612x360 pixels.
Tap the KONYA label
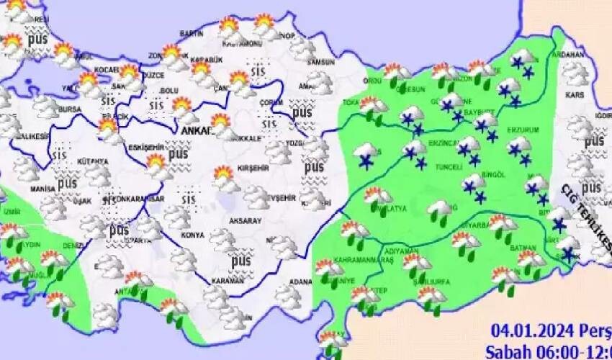tap(193, 235)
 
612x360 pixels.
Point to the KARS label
tap(574, 94)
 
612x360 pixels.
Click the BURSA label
tap(71, 109)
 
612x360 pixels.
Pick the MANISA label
tap(43, 189)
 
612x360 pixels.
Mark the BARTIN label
tap(192, 34)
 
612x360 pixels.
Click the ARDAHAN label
tap(569, 54)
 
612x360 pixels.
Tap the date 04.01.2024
tap(533, 331)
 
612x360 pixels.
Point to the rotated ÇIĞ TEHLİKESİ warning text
tap(585, 219)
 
